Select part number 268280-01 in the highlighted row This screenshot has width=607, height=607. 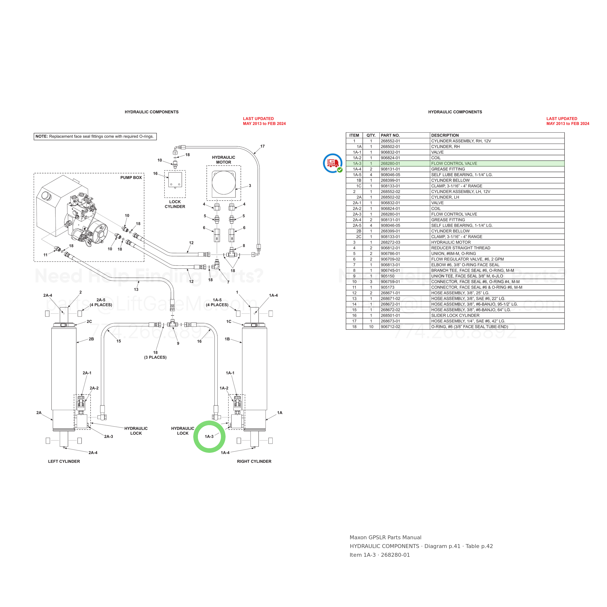(x=390, y=164)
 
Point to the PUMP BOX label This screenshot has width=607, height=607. (x=131, y=177)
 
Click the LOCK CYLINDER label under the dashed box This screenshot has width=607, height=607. (x=175, y=204)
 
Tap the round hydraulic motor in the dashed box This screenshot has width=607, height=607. (x=224, y=183)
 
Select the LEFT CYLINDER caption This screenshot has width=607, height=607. (x=64, y=462)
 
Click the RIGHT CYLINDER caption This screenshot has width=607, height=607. (x=254, y=462)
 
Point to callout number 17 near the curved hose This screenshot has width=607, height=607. (x=262, y=146)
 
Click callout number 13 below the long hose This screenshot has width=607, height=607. (x=136, y=290)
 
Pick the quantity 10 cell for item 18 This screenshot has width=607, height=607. (x=371, y=327)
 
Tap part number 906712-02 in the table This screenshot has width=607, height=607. (x=390, y=327)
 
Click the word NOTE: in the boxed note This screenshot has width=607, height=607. (x=42, y=137)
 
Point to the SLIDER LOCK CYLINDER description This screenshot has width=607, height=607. (x=455, y=315)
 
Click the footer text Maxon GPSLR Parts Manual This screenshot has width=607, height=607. (x=386, y=538)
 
